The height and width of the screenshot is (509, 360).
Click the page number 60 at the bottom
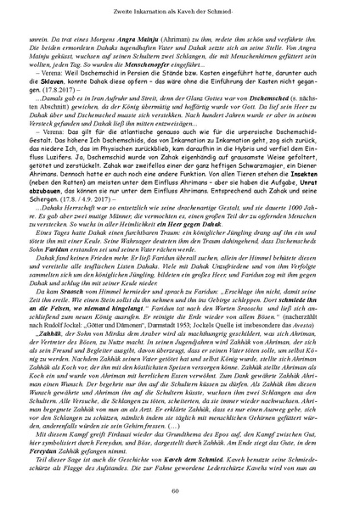pyautogui.click(x=180, y=490)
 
